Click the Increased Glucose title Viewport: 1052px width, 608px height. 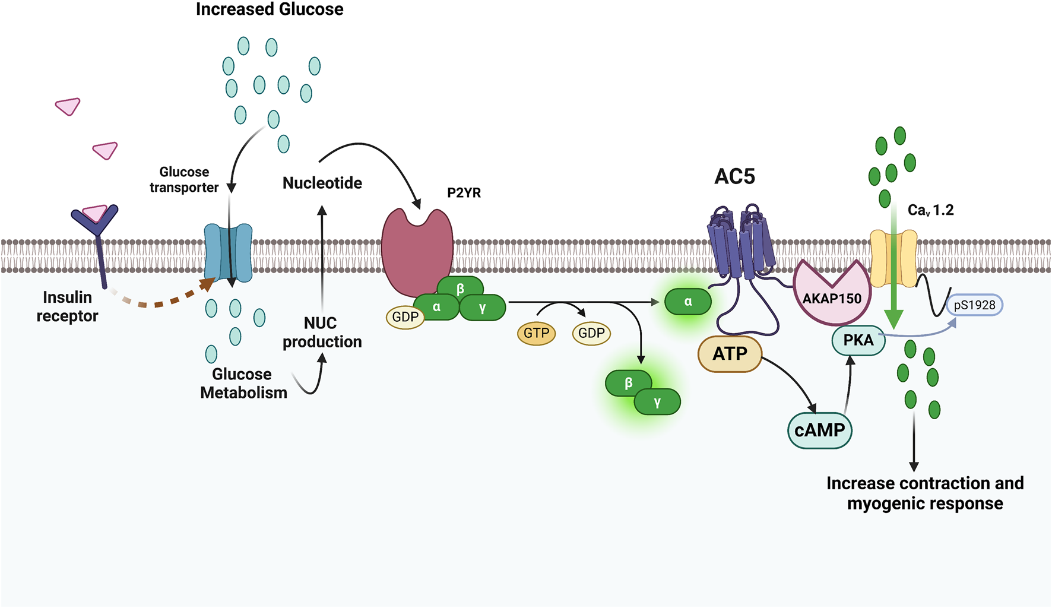tap(270, 9)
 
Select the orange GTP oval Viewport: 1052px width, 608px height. tap(536, 333)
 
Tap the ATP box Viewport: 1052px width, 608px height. tap(730, 354)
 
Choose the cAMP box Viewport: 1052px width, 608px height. tap(819, 430)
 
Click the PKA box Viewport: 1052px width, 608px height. tap(858, 341)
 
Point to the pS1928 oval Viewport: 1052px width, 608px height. tap(974, 305)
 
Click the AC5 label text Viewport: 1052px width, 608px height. tap(734, 176)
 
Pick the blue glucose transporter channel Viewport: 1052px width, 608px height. tap(229, 252)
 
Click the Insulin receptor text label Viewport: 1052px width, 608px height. tap(67, 306)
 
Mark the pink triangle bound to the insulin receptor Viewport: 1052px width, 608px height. tap(94, 213)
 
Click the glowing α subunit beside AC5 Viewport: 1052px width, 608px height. tap(687, 302)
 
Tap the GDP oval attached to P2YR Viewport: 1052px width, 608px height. tap(405, 317)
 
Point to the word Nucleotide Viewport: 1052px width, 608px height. tap(322, 183)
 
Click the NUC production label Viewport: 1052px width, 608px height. tap(321, 332)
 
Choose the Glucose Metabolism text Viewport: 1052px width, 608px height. tap(243, 384)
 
